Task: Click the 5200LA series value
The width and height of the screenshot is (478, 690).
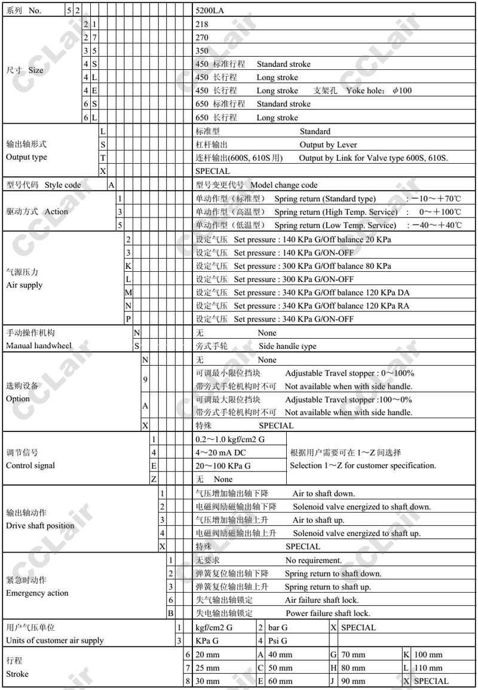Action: click(x=210, y=10)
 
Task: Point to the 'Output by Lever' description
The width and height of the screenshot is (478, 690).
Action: click(x=328, y=145)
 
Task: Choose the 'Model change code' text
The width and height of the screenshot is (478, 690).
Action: click(x=284, y=185)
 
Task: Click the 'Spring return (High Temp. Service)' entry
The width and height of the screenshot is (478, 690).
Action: click(x=336, y=212)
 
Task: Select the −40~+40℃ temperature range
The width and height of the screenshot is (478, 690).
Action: click(x=434, y=225)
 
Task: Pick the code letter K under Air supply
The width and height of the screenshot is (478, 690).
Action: click(x=128, y=266)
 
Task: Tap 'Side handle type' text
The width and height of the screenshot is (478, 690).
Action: click(x=288, y=346)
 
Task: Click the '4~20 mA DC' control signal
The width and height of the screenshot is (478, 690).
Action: click(x=220, y=452)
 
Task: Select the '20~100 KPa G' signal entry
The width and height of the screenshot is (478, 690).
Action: click(x=223, y=465)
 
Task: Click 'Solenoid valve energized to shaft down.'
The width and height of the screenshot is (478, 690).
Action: click(x=361, y=507)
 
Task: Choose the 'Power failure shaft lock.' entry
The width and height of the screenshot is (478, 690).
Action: click(x=327, y=613)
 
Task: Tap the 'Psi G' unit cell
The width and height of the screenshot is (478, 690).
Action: click(x=277, y=640)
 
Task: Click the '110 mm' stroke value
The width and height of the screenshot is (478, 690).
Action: click(x=428, y=668)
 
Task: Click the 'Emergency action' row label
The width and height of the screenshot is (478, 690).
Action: click(x=37, y=593)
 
